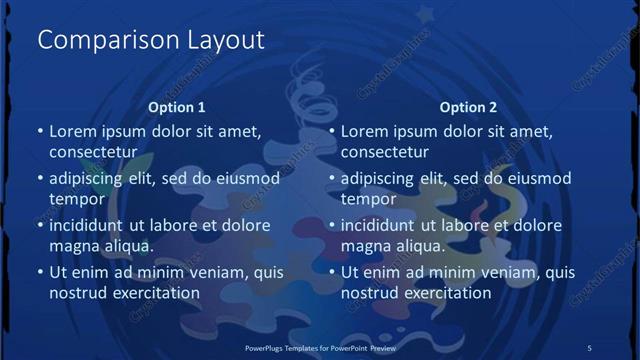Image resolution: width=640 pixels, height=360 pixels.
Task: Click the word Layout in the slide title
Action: coord(226,41)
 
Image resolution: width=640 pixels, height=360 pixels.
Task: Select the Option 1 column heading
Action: coord(177,107)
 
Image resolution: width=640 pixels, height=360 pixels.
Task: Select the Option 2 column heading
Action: coord(468,107)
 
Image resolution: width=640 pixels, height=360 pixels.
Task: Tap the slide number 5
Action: coord(590,347)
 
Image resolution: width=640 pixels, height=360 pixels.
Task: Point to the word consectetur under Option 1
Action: coord(92,153)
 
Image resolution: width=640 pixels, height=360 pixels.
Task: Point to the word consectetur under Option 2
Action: coord(384,153)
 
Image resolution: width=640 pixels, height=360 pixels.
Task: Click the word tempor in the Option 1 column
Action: coord(76,199)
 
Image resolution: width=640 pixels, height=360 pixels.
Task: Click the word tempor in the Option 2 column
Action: coord(368,199)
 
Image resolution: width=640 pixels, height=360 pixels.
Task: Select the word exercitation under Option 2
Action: coord(444,293)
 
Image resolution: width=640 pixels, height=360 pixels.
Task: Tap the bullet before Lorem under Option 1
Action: coord(39,131)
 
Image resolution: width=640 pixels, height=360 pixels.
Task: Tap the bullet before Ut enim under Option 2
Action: coord(331,272)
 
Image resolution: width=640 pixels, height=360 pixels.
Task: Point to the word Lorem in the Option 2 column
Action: coord(364,131)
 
